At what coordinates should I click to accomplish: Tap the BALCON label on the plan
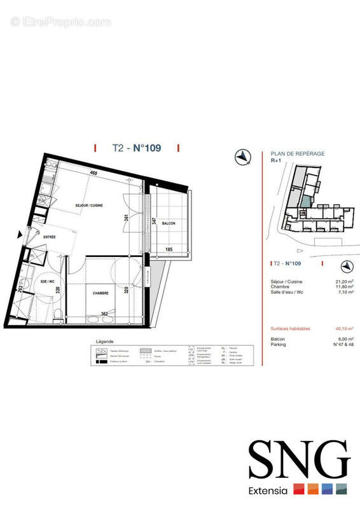(x=169, y=223)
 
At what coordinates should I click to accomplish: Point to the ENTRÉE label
(x=49, y=237)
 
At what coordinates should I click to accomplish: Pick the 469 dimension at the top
(x=93, y=173)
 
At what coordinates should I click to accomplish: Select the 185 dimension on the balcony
(x=169, y=249)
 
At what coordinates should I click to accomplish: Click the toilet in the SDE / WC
(x=58, y=312)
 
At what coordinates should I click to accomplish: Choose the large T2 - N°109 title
(x=136, y=148)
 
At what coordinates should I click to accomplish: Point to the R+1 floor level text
(x=277, y=162)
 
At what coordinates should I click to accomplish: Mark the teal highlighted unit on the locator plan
(x=307, y=202)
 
